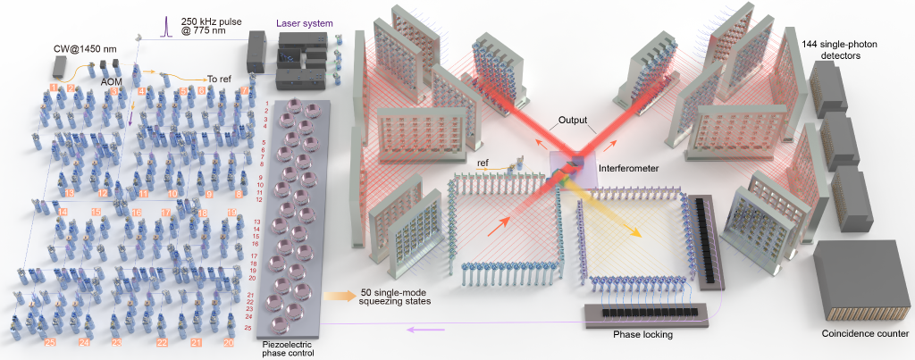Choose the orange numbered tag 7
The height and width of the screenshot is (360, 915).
point(245,91)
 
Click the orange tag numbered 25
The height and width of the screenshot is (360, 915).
point(50,342)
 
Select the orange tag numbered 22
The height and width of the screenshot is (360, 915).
point(163,342)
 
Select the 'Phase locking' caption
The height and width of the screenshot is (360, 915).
point(642,334)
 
